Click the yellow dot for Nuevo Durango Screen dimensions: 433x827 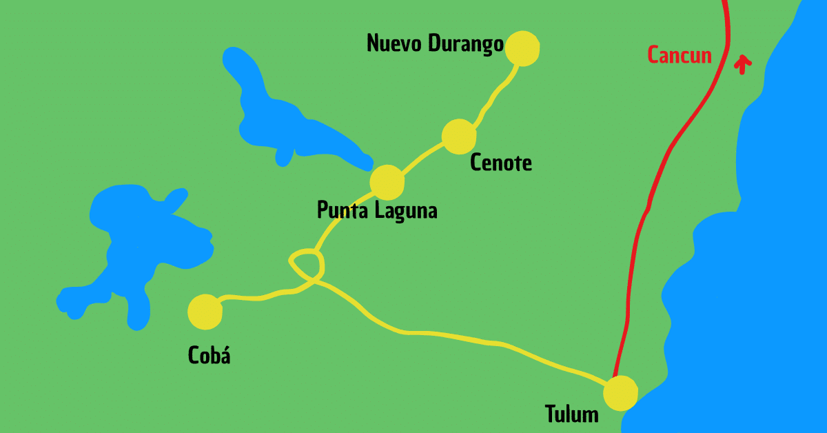click(522, 48)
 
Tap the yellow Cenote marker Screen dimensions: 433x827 click(458, 137)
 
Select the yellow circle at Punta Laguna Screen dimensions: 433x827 click(387, 182)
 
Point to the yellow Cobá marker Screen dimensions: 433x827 click(205, 312)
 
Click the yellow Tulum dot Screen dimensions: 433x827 click(620, 393)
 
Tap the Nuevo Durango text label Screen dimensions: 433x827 click(434, 44)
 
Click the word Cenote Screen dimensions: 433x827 click(501, 163)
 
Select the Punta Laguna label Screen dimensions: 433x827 click(377, 210)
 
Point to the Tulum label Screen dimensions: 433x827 click(571, 414)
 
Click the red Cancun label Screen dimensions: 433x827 click(680, 55)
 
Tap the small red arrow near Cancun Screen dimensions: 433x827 click(742, 64)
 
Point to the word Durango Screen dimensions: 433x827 click(465, 44)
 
